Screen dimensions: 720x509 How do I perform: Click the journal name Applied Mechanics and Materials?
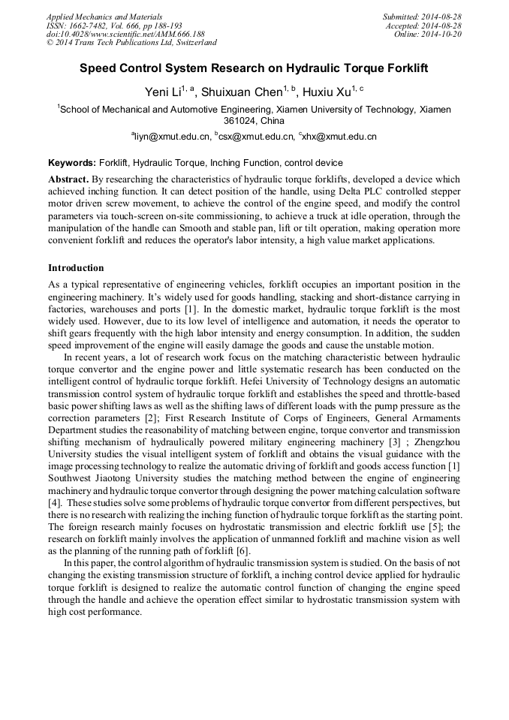[104, 17]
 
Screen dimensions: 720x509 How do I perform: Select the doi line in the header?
[125, 35]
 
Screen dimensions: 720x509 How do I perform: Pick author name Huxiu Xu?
[327, 92]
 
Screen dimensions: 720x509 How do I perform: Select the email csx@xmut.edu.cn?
[255, 137]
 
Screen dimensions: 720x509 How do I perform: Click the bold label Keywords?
[72, 163]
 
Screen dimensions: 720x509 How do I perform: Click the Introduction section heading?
[76, 268]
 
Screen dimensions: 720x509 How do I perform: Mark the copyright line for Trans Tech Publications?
[131, 44]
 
